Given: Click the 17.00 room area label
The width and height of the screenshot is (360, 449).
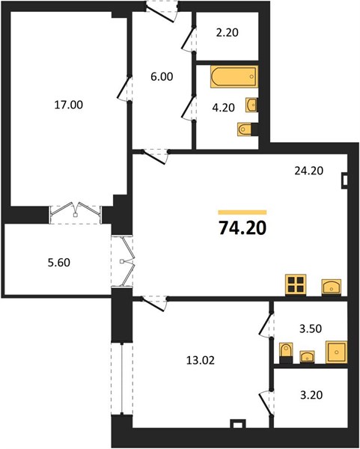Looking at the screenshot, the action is pyautogui.click(x=69, y=105).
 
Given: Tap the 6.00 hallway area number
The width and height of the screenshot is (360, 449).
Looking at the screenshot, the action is pyautogui.click(x=162, y=77).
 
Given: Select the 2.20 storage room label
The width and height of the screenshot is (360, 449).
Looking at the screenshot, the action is pyautogui.click(x=228, y=33).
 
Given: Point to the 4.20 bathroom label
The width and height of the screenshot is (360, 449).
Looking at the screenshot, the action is pyautogui.click(x=223, y=108).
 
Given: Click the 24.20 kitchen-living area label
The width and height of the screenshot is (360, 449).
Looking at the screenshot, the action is pyautogui.click(x=309, y=171).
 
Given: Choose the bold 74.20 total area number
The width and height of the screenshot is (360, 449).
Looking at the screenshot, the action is pyautogui.click(x=242, y=228).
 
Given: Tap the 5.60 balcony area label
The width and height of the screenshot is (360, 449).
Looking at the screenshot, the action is pyautogui.click(x=59, y=263).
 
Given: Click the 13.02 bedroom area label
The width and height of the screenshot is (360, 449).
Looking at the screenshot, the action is pyautogui.click(x=201, y=361).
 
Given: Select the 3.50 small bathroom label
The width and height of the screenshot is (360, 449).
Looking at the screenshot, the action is pyautogui.click(x=311, y=329).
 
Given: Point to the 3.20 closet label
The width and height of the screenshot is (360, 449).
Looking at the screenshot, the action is pyautogui.click(x=311, y=395).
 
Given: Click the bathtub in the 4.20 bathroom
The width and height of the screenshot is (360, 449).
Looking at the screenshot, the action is pyautogui.click(x=234, y=76).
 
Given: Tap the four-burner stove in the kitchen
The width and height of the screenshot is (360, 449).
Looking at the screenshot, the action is pyautogui.click(x=296, y=284).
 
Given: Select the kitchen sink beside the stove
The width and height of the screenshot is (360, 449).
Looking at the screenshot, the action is pyautogui.click(x=332, y=287).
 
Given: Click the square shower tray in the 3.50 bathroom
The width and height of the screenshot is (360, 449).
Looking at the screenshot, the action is pyautogui.click(x=336, y=352).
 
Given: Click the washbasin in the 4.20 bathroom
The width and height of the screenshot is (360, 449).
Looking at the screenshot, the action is pyautogui.click(x=251, y=105).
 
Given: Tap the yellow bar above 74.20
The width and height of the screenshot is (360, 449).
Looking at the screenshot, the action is pyautogui.click(x=242, y=213).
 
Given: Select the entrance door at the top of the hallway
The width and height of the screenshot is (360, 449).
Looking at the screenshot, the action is pyautogui.click(x=162, y=12).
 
